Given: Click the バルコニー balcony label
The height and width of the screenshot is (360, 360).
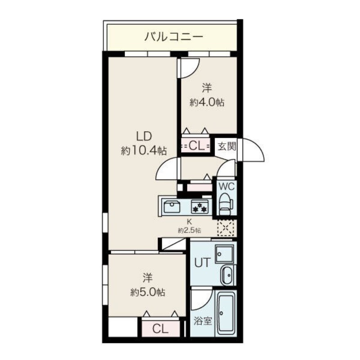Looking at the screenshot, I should click(174, 36).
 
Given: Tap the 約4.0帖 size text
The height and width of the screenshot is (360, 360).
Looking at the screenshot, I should click(207, 102).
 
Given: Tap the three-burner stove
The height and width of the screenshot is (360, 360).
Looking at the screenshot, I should click(199, 207).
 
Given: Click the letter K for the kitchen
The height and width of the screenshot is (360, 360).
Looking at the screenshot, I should click(189, 221).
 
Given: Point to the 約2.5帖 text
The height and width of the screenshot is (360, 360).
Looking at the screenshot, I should click(189, 230).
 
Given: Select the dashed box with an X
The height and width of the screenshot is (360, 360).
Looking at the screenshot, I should click(226, 228).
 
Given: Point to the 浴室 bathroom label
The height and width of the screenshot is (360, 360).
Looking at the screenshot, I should click(203, 321).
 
